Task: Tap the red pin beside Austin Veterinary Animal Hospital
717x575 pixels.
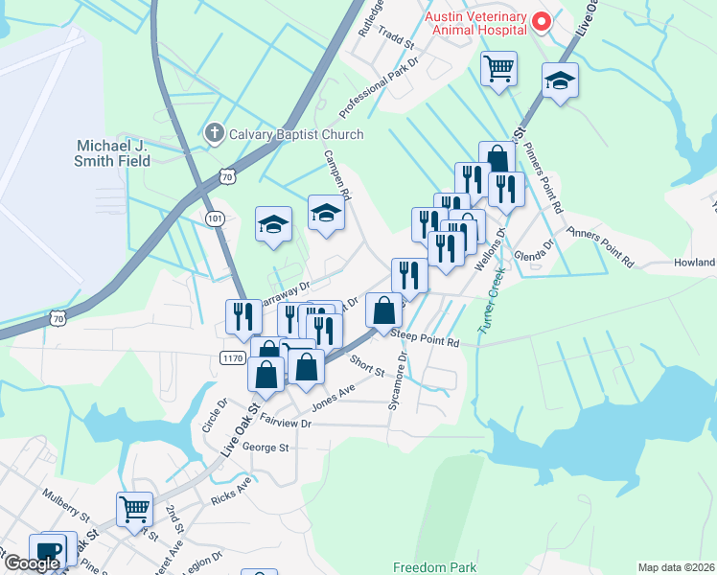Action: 541,20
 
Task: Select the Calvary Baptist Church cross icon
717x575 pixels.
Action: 216,134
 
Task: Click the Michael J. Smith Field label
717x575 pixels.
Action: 114,153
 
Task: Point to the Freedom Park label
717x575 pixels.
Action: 435,567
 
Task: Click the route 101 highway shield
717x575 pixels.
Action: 215,218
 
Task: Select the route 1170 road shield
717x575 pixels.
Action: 232,357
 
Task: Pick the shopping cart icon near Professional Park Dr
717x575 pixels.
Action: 498,69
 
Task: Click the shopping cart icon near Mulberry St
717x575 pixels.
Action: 134,509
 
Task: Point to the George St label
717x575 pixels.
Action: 265,447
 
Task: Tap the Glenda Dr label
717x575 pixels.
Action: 535,251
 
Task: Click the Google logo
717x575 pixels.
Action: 31,563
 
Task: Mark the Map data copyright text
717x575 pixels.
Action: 676,567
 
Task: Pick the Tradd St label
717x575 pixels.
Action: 395,43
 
